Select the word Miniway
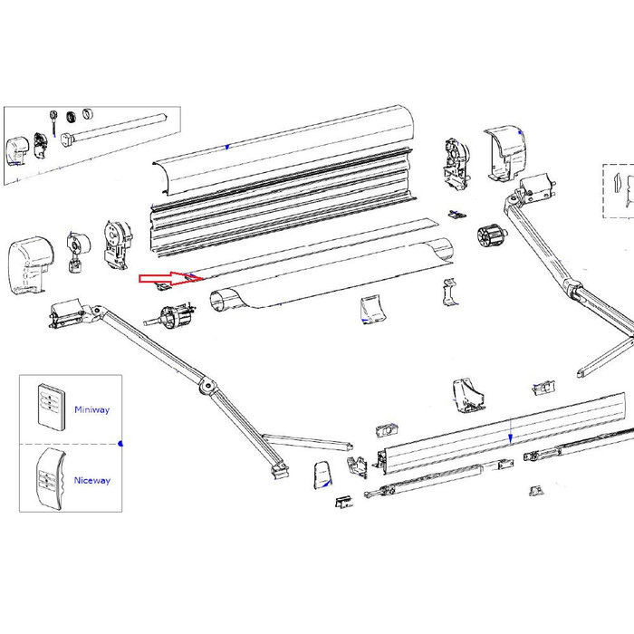(x=92, y=409)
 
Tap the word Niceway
(x=92, y=480)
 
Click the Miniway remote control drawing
(x=50, y=404)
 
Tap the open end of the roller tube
(x=222, y=300)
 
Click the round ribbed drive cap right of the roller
(x=489, y=240)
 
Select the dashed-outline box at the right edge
(x=618, y=191)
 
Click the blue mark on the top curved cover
(x=226, y=146)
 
